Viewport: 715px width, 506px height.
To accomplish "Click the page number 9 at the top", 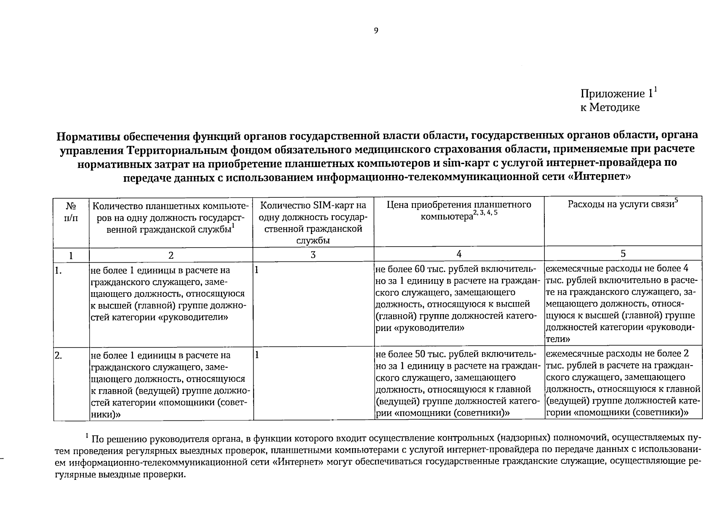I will coord(376,30).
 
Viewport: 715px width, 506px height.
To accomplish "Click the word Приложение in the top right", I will coord(613,94).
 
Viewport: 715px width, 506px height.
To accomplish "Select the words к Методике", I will coord(610,108).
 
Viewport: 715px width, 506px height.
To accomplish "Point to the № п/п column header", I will coord(71,212).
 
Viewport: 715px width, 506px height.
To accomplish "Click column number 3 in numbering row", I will coord(313,255).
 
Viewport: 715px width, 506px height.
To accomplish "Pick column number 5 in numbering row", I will coord(623,254).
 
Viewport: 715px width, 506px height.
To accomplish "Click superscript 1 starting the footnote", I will coord(86,435).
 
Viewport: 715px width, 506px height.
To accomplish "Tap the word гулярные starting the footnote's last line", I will coord(78,474).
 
